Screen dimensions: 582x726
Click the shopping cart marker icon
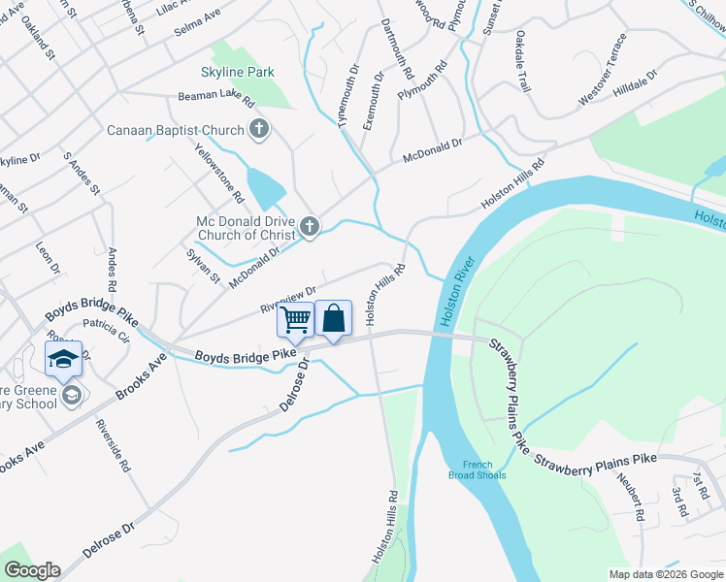[x=296, y=319]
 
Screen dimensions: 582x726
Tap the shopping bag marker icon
[x=333, y=318]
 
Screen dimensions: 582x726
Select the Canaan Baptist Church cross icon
[x=259, y=128]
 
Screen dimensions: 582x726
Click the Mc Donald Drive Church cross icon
[x=310, y=227]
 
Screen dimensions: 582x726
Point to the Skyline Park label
[x=238, y=72]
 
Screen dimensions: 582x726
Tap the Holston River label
[x=456, y=290]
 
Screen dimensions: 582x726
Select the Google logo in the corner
[x=32, y=570]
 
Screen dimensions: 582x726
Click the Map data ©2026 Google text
[x=665, y=574]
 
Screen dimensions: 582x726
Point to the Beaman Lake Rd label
[x=215, y=98]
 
